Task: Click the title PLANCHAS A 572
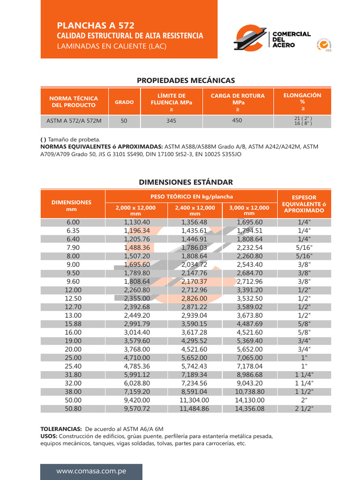[98, 25]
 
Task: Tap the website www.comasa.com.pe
[91, 471]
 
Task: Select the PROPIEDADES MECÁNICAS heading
[186, 81]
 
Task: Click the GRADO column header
[124, 102]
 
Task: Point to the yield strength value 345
[171, 121]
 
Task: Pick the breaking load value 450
[237, 120]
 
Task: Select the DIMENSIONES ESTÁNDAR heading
[186, 182]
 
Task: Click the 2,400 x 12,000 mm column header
[195, 210]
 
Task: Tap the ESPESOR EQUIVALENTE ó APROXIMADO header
[304, 204]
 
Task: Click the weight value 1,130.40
[137, 222]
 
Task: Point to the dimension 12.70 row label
[73, 307]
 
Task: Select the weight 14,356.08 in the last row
[250, 409]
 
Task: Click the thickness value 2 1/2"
[304, 409]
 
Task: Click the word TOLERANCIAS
[61, 429]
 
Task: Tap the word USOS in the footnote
[49, 436]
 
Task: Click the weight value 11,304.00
[195, 400]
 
